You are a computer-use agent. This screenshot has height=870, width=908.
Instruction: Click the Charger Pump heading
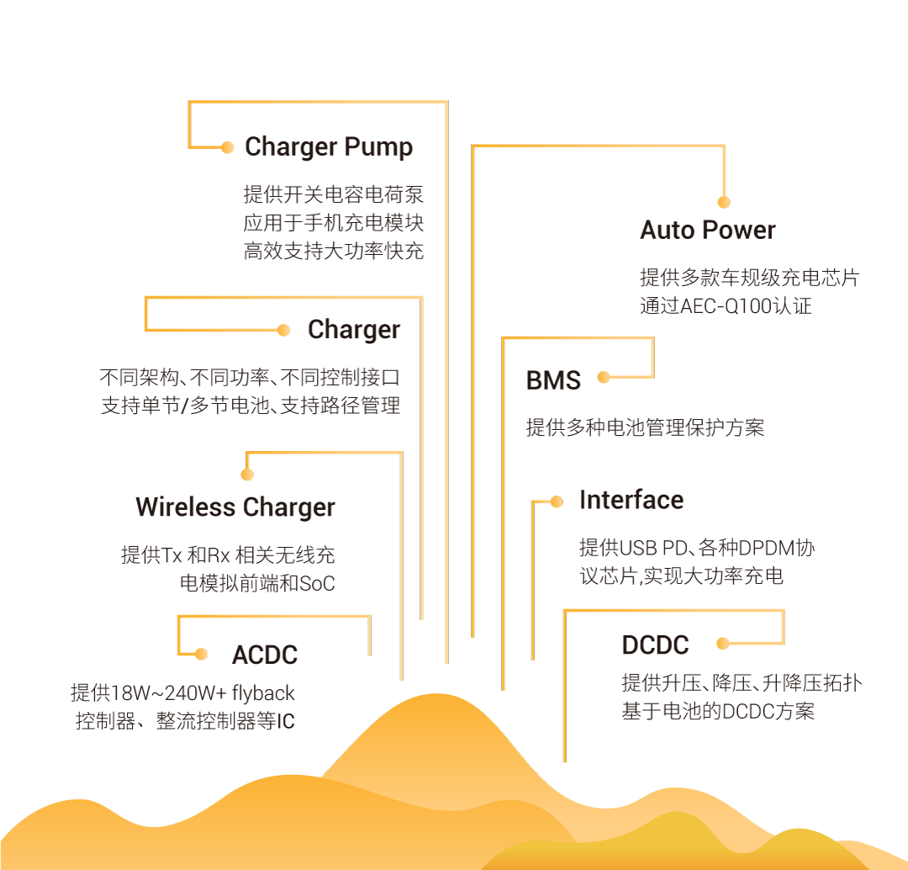pyautogui.click(x=329, y=147)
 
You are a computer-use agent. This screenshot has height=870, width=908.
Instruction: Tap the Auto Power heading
pyautogui.click(x=708, y=230)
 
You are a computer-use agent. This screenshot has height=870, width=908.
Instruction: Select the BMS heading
pyautogui.click(x=553, y=380)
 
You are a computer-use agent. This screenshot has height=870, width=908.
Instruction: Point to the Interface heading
pyautogui.click(x=631, y=500)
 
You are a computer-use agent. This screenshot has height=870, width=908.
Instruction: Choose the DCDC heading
pyautogui.click(x=655, y=645)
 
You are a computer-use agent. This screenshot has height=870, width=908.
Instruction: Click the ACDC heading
pyautogui.click(x=265, y=655)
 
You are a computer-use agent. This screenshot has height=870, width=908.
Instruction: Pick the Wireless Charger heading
pyautogui.click(x=235, y=507)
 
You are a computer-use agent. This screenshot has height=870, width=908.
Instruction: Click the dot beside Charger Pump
pyautogui.click(x=227, y=147)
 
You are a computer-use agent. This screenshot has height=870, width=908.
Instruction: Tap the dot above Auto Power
pyautogui.click(x=724, y=202)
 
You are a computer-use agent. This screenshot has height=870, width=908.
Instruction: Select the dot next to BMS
pyautogui.click(x=604, y=377)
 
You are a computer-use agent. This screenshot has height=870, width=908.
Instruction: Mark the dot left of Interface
pyautogui.click(x=557, y=501)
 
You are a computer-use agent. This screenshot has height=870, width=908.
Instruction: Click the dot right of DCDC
pyautogui.click(x=722, y=644)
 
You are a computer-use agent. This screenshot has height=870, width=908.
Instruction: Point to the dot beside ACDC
pyautogui.click(x=201, y=654)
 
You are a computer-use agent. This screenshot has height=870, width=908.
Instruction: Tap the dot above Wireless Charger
pyautogui.click(x=246, y=475)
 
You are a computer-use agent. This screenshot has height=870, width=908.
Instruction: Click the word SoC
pyautogui.click(x=317, y=583)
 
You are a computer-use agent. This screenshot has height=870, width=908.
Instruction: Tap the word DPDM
pyautogui.click(x=768, y=549)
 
